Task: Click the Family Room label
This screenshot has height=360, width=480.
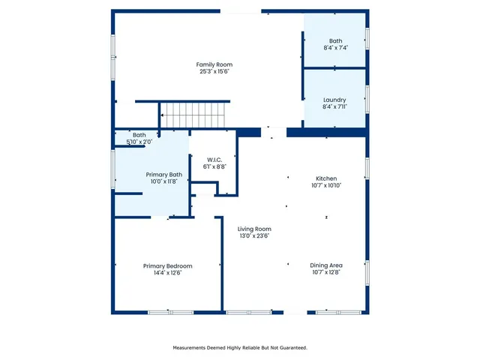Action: tap(214, 64)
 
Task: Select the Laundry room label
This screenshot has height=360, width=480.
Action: tap(334, 100)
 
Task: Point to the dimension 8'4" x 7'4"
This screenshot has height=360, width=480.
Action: tap(335, 48)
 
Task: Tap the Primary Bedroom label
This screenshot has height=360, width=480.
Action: tap(168, 265)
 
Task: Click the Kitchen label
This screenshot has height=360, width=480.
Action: tap(325, 178)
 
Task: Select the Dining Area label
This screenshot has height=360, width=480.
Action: tap(326, 265)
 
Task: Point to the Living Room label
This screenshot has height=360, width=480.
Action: tap(254, 229)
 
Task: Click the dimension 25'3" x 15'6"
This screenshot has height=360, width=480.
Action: tap(214, 72)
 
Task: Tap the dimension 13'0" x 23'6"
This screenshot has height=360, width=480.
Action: tap(253, 236)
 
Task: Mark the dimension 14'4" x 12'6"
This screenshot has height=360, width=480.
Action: tap(168, 273)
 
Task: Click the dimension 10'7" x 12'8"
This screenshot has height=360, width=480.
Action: tap(326, 273)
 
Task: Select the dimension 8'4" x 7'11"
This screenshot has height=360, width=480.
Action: tap(334, 107)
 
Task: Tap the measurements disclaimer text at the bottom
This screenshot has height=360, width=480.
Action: tap(240, 348)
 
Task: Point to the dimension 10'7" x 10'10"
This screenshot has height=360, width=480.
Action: tap(326, 185)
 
